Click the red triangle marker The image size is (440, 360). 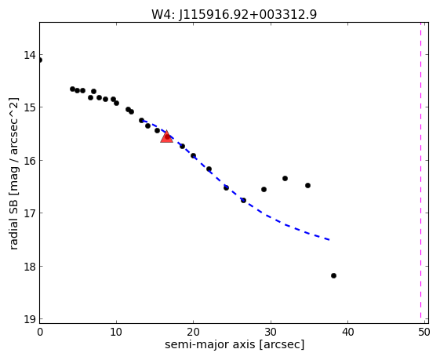coord(167,136)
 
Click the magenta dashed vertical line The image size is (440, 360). coord(420,170)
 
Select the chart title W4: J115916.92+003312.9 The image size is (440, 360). coord(234,14)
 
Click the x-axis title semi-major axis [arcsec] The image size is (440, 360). coord(235,344)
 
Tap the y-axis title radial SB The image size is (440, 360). coord(13,173)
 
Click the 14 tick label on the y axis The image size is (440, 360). coord(30,55)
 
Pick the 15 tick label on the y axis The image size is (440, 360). coord(30,107)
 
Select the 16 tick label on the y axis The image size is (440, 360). coord(30,161)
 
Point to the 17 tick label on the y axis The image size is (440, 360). coord(30,213)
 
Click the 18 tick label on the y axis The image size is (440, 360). coord(30,267)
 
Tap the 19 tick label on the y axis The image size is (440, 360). coord(30,319)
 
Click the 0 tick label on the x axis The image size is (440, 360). coord(40,333)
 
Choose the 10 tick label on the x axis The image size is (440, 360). coord(116,333)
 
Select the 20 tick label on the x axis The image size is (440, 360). coord(194,333)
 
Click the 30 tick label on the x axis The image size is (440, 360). coord(271,333)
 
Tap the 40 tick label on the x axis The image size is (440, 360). coord(348,333)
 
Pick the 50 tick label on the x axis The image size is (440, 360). coord(424,333)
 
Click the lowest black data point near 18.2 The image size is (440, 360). coord(333,276)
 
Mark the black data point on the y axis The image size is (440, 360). coord(40,60)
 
